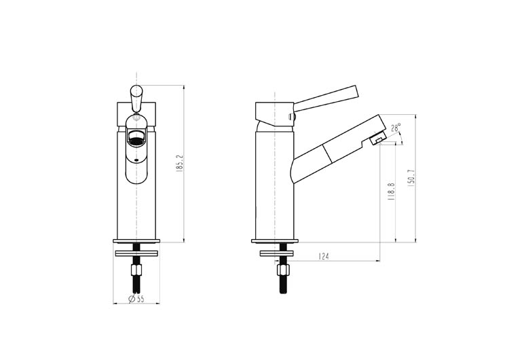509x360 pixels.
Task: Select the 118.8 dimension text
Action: click(x=391, y=192)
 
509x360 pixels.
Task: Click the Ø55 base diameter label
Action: click(x=137, y=300)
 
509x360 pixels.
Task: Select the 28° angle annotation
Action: click(x=396, y=127)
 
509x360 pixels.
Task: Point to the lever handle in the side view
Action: click(x=326, y=98)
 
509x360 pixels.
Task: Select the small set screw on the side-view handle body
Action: click(x=293, y=118)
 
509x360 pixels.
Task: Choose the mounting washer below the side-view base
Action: click(x=280, y=254)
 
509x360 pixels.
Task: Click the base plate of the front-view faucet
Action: click(x=137, y=240)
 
